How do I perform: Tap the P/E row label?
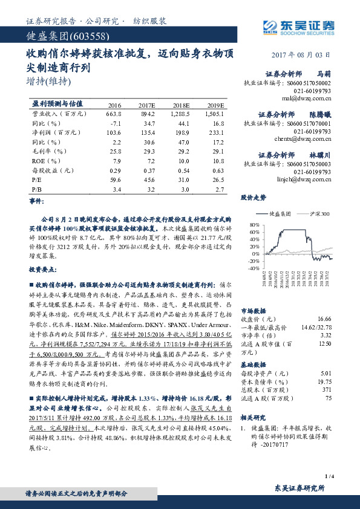pyautogui.click(x=36, y=179)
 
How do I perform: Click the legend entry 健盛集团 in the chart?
pyautogui.click(x=280, y=214)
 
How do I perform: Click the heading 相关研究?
pyautogui.click(x=253, y=418)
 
